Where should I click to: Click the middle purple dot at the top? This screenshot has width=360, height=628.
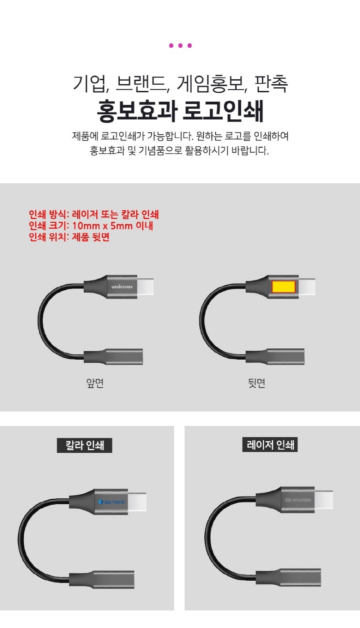[180, 45]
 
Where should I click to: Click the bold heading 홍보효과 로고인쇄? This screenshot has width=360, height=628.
[180, 111]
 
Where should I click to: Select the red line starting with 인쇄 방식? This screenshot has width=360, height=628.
[94, 214]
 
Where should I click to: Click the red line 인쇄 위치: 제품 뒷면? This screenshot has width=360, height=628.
[69, 237]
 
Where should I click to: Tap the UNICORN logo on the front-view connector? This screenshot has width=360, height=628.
[122, 287]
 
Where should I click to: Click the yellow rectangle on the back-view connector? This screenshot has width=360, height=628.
[283, 287]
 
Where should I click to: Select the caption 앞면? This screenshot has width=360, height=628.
[95, 383]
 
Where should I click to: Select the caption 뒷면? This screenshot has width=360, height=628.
[256, 383]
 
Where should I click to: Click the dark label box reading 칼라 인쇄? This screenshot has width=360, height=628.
[84, 445]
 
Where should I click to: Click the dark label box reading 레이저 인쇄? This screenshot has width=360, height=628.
[270, 444]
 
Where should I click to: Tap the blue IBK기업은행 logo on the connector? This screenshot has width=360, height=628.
[111, 502]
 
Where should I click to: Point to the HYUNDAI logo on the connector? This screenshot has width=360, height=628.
[297, 500]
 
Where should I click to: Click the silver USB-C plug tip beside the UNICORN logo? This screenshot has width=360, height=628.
[145, 287]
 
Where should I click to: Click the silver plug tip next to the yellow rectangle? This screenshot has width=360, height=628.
[307, 287]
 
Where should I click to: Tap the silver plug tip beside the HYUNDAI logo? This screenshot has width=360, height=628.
[324, 500]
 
